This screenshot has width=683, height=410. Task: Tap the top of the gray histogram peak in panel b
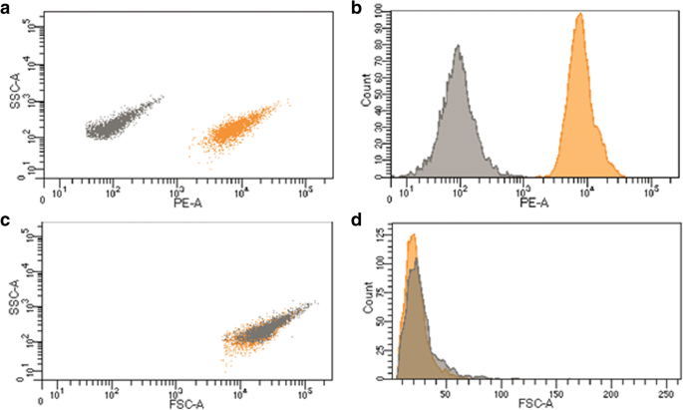point(458,46)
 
